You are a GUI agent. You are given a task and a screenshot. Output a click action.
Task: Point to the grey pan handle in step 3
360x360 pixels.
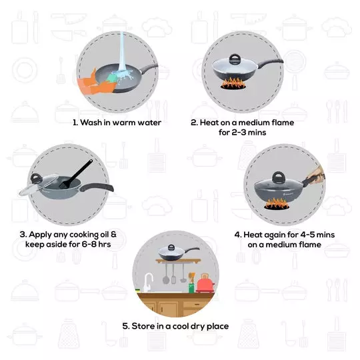click(x=100, y=188)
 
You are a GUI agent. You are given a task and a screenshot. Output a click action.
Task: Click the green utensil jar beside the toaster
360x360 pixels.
click(x=192, y=287)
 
